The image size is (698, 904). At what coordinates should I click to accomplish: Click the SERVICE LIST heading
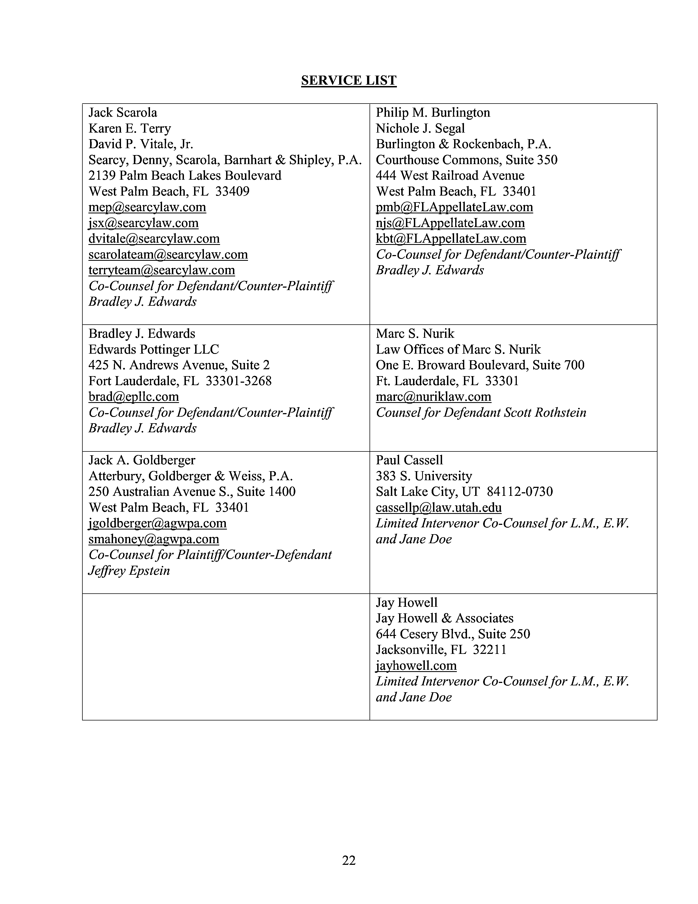tap(348, 80)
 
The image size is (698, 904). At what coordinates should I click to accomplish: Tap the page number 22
tap(348, 860)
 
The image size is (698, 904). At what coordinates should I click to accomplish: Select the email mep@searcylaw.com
tap(147, 207)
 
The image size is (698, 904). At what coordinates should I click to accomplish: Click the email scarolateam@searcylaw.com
tap(168, 254)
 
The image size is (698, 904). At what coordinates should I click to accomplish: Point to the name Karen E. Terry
tap(129, 128)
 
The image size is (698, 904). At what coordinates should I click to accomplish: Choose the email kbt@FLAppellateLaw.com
tap(451, 238)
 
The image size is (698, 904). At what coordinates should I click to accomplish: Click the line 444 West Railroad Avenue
tap(450, 176)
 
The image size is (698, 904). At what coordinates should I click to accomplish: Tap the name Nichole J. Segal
tap(420, 128)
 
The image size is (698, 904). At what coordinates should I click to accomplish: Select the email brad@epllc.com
tap(134, 397)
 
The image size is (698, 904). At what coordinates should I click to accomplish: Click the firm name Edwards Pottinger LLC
tap(153, 349)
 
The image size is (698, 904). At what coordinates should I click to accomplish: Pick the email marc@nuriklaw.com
tap(433, 397)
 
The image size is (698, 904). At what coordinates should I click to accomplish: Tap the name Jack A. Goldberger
tap(142, 460)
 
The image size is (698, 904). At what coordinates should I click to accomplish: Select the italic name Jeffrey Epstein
tap(129, 570)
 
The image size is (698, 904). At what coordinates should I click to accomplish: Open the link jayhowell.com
tap(416, 666)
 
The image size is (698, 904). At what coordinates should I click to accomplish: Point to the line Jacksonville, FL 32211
tap(441, 650)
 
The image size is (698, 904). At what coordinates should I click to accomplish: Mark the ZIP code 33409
tap(232, 191)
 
